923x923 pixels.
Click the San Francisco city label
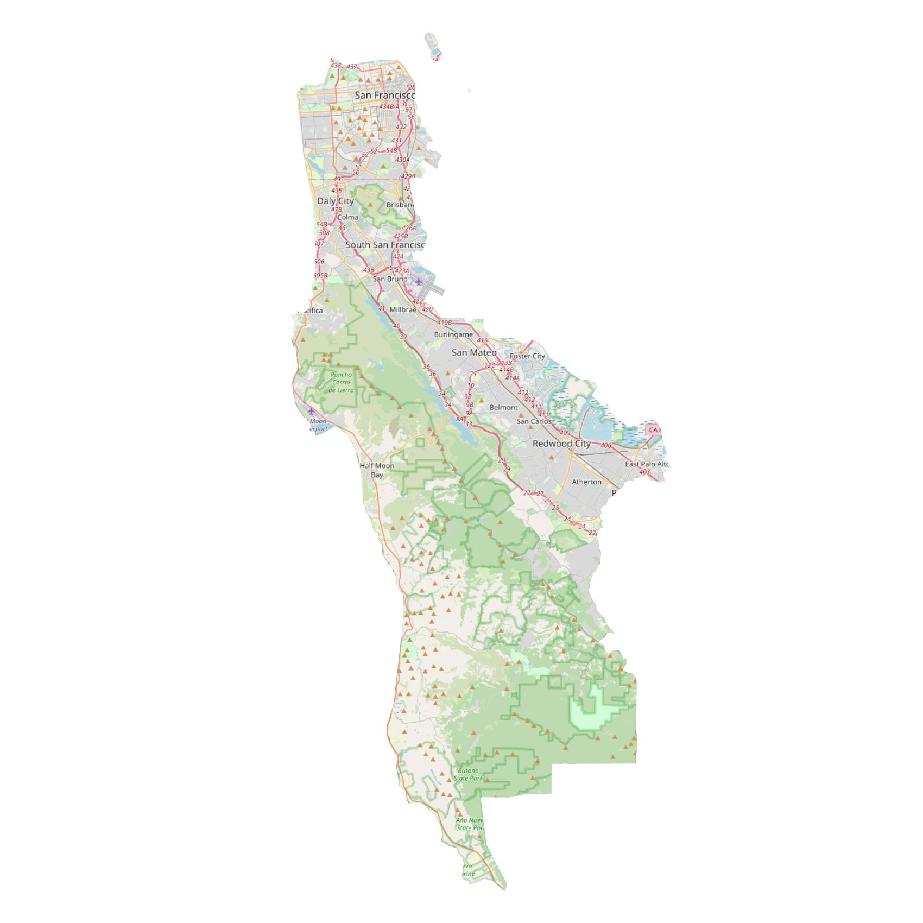[x=385, y=96]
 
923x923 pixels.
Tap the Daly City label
[x=336, y=201]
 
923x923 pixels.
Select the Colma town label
[x=347, y=217]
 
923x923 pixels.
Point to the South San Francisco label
[x=385, y=245]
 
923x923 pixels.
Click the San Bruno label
[x=390, y=279]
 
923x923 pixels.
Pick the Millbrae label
[x=403, y=310]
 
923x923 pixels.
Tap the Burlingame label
[x=453, y=334]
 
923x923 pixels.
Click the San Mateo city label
[x=474, y=352]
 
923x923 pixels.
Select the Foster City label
[x=527, y=356]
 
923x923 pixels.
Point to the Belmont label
[x=503, y=407]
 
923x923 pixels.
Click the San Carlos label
[x=534, y=421]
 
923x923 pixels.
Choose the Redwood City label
[x=561, y=444]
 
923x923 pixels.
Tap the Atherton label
[x=586, y=482]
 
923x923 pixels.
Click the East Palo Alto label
[x=647, y=464]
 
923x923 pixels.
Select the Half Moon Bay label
[x=377, y=470]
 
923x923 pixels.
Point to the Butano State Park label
[x=468, y=774]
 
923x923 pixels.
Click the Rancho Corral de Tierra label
[x=341, y=382]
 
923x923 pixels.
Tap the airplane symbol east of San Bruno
[x=419, y=282]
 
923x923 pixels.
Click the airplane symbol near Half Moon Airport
[x=311, y=412]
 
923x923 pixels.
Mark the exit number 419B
[x=445, y=323]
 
